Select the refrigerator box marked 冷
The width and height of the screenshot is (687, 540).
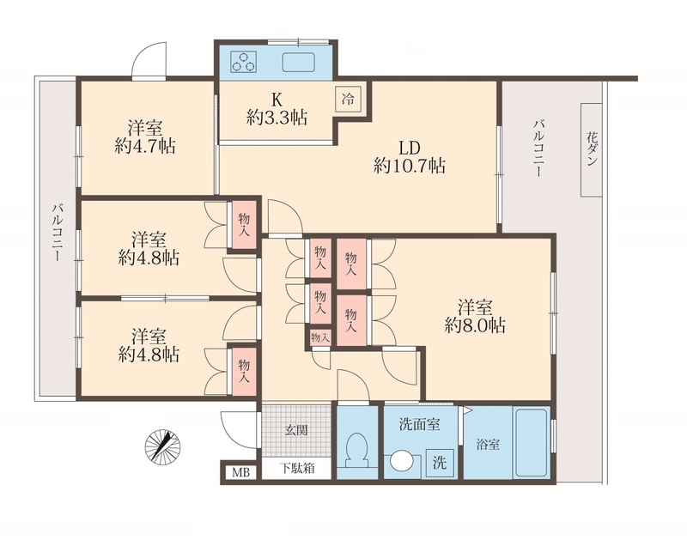coord(348,97)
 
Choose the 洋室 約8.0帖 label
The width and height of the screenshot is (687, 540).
coord(474,315)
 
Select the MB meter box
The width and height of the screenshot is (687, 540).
coord(236,471)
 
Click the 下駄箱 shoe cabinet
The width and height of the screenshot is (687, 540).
coord(295,470)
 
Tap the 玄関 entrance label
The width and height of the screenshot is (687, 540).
coord(296,429)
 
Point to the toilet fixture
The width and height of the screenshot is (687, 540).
coord(355,450)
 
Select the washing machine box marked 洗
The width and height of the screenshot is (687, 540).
coord(440,463)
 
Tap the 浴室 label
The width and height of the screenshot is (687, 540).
coord(488,446)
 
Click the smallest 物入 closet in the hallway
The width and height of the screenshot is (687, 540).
coord(319,337)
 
